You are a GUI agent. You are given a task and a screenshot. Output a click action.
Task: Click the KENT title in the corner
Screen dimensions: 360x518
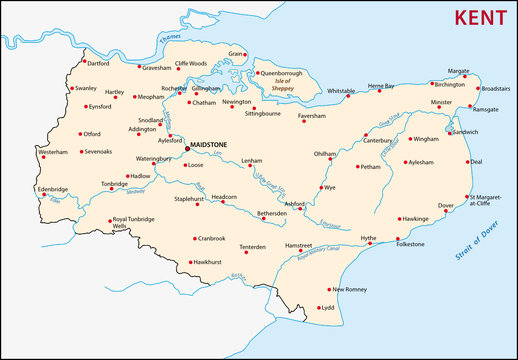point(479,18)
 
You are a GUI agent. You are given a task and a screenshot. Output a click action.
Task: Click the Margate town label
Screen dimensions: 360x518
point(458,72)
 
